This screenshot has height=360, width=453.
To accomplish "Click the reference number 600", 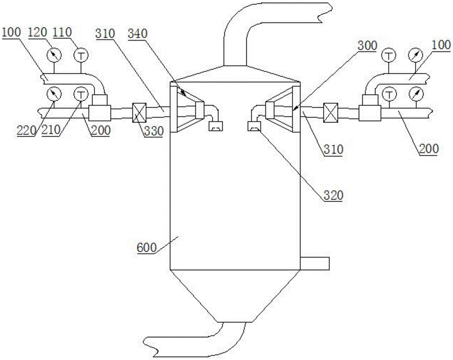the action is [146, 248].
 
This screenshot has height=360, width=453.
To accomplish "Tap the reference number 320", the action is [333, 196].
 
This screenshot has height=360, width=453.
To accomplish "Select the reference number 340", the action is [138, 34].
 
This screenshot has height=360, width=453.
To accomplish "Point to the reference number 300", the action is [367, 46].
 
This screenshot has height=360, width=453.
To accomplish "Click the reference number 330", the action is [154, 131].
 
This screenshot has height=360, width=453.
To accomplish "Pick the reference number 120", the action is [38, 32].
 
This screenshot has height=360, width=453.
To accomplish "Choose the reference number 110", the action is [62, 32].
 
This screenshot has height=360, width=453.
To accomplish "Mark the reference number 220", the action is [26, 130].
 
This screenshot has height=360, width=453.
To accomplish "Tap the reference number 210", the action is [51, 130].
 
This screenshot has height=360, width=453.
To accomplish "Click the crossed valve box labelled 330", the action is [139, 113].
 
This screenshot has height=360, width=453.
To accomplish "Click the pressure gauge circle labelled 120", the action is [54, 54].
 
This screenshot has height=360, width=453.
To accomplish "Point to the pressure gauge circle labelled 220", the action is [54, 94].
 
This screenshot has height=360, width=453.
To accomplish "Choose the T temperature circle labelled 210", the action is [81, 94].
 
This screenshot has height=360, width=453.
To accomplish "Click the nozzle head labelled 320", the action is [255, 126].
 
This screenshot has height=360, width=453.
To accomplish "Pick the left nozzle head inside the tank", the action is [216, 126].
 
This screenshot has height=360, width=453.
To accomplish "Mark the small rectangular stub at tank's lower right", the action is [315, 263].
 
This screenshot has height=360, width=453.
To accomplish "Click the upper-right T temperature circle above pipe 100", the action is [389, 55].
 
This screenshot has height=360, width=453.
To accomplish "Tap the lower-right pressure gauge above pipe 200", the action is [416, 94].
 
